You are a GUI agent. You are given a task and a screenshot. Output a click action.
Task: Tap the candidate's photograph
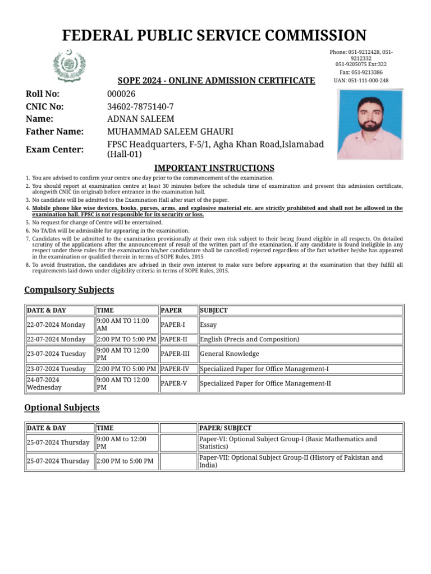pyautogui.click(x=369, y=124)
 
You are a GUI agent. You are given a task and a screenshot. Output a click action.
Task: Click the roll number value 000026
pyautogui.click(x=121, y=94)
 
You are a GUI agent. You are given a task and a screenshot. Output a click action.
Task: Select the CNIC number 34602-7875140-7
pyautogui.click(x=140, y=107)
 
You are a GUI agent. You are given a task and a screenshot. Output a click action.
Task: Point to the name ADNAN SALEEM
pyautogui.click(x=140, y=119)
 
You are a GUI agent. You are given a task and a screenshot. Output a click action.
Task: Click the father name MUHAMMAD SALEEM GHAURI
pyautogui.click(x=170, y=132)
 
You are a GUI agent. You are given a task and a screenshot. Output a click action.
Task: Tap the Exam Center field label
pyautogui.click(x=54, y=149)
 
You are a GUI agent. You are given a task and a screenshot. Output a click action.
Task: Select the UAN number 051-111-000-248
pyautogui.click(x=361, y=80)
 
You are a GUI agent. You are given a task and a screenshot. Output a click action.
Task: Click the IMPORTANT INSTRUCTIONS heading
pyautogui.click(x=214, y=168)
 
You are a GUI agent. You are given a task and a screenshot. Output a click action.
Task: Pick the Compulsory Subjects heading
pyautogui.click(x=69, y=290)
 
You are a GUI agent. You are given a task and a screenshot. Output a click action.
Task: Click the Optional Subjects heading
pyautogui.click(x=62, y=408)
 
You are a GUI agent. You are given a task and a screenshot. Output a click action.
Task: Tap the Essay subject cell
pyautogui.click(x=208, y=325)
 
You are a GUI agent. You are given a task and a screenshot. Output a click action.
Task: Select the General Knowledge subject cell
pyautogui.click(x=230, y=354)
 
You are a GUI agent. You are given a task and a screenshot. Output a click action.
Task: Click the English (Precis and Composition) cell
pyautogui.click(x=250, y=339)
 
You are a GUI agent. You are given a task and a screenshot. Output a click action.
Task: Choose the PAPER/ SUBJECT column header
pyautogui.click(x=226, y=428)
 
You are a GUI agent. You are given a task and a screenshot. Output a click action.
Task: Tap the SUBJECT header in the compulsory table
pyautogui.click(x=214, y=310)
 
